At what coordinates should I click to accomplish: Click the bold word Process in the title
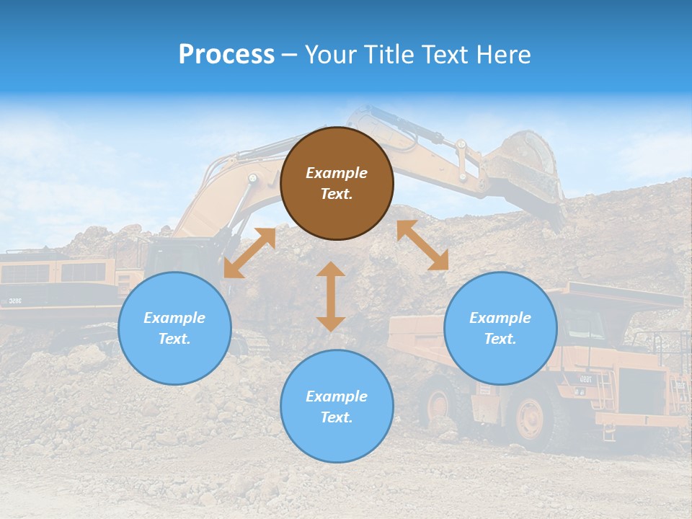click(x=226, y=55)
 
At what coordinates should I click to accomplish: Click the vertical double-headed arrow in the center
click(x=331, y=296)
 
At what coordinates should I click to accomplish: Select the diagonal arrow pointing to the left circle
click(x=249, y=253)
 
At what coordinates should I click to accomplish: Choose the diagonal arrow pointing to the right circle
click(x=423, y=245)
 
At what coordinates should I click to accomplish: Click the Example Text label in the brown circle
click(x=337, y=183)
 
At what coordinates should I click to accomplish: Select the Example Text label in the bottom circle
click(x=337, y=407)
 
